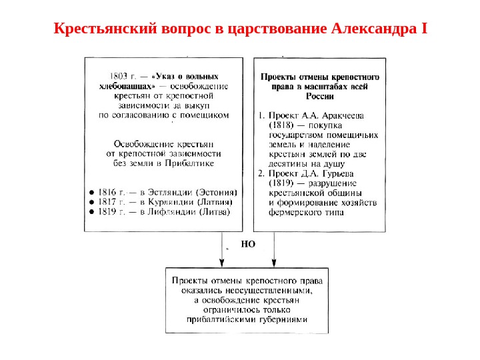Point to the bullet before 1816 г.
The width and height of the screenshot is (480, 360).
(x=91, y=191)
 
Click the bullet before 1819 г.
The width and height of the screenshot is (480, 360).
(x=91, y=212)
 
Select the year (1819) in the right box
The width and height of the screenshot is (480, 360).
(x=281, y=183)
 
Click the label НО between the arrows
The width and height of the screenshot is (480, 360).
(x=248, y=245)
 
